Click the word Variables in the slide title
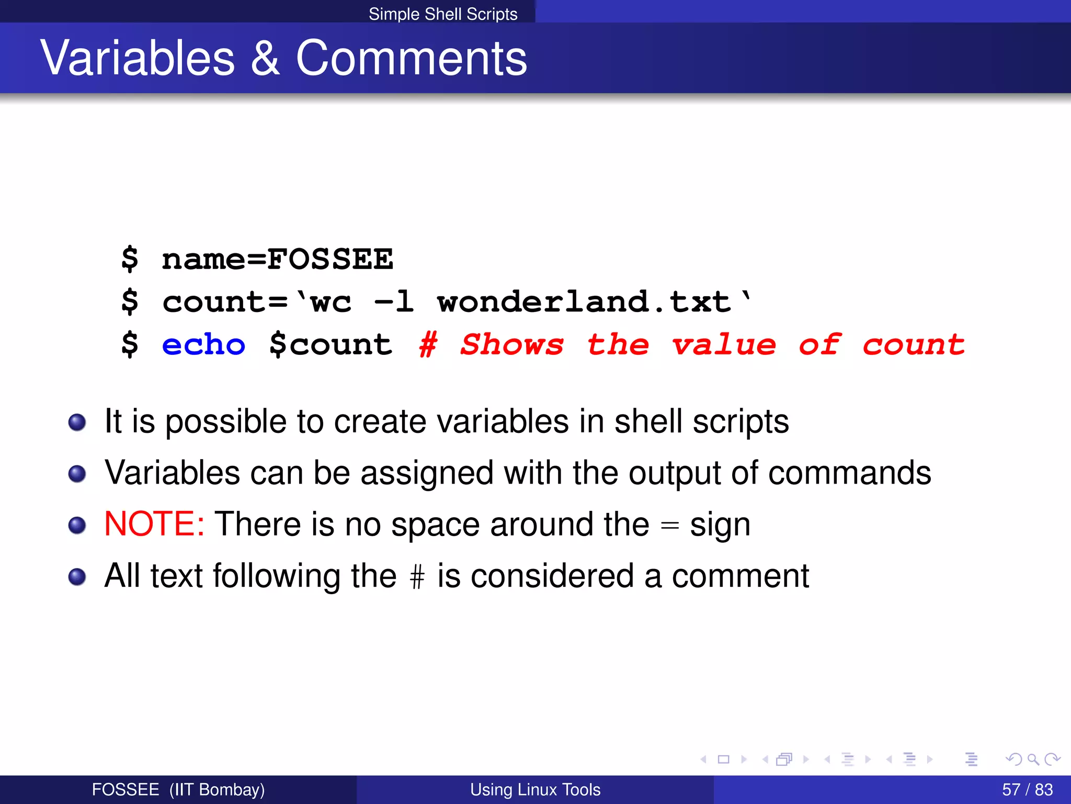[x=138, y=58]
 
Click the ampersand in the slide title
[x=265, y=58]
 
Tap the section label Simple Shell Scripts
[x=443, y=14]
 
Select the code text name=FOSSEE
[x=277, y=260]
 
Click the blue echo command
[x=203, y=345]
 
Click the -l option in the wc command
[x=394, y=302]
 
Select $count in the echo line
[x=331, y=345]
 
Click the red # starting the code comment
[x=428, y=345]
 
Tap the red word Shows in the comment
[x=512, y=345]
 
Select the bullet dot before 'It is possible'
[x=77, y=422]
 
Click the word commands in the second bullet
[x=849, y=473]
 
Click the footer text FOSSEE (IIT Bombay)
[x=178, y=789]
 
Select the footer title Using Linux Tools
[x=535, y=789]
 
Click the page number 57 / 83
[x=1027, y=789]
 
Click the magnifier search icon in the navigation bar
[x=1033, y=759]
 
